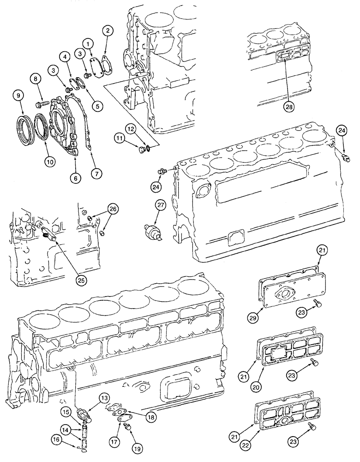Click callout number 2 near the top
108,31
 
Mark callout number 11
120,138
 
